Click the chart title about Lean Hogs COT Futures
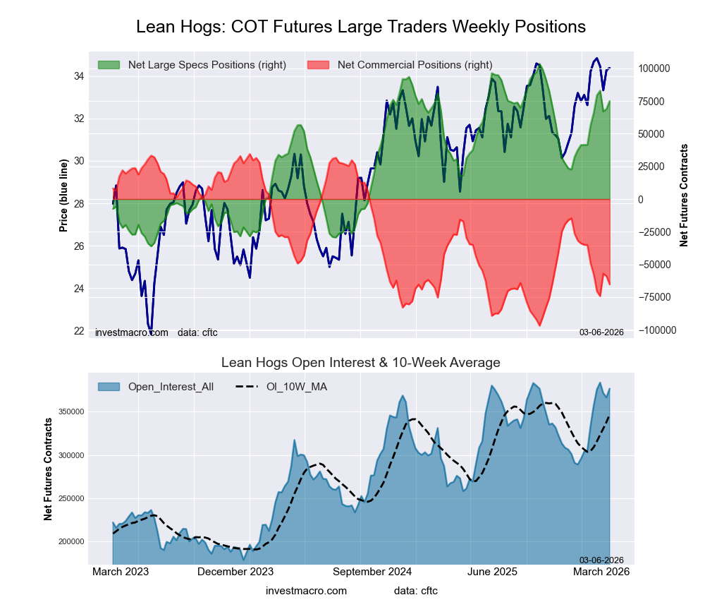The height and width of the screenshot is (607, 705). tap(360, 27)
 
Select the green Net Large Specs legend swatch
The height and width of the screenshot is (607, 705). tap(109, 65)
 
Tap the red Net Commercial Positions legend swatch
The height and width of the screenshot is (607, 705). tap(319, 65)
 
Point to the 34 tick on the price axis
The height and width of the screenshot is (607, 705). tap(80, 76)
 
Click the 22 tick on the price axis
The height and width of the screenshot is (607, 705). tap(80, 331)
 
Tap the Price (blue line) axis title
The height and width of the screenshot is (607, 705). tap(64, 196)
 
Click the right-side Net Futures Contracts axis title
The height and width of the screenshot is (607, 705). tap(683, 196)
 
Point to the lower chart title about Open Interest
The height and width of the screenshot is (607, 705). tap(360, 363)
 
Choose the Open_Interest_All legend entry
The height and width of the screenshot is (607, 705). tap(155, 386)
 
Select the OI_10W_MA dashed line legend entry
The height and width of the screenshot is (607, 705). tap(282, 386)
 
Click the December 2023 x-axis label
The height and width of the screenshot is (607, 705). tap(235, 572)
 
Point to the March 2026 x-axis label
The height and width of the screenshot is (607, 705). tap(601, 572)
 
